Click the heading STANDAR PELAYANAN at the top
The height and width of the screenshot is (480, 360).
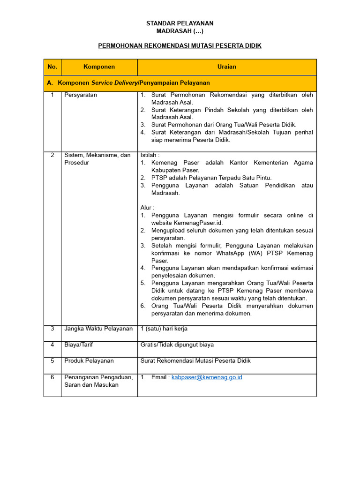click(x=180, y=23)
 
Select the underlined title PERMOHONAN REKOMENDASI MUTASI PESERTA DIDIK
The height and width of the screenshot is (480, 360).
click(x=180, y=45)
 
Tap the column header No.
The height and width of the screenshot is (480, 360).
click(x=52, y=67)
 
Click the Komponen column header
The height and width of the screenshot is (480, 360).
click(x=99, y=67)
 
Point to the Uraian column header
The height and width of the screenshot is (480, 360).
click(x=227, y=67)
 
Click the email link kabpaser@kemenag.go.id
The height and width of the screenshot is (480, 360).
click(x=207, y=377)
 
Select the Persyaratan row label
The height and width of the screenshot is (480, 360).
click(x=81, y=95)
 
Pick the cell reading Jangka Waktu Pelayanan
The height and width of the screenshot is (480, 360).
click(x=98, y=329)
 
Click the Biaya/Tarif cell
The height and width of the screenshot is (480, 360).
click(x=78, y=345)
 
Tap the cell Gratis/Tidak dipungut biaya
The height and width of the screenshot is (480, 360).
click(x=177, y=345)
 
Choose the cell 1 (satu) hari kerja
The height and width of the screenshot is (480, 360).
click(x=164, y=329)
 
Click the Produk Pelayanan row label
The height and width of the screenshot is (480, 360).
click(x=89, y=361)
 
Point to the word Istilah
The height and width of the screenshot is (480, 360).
click(x=150, y=155)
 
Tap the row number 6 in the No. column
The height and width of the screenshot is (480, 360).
click(x=52, y=377)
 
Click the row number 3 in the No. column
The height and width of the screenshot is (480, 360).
click(x=52, y=329)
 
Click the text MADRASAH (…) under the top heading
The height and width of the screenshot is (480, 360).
click(x=180, y=31)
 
